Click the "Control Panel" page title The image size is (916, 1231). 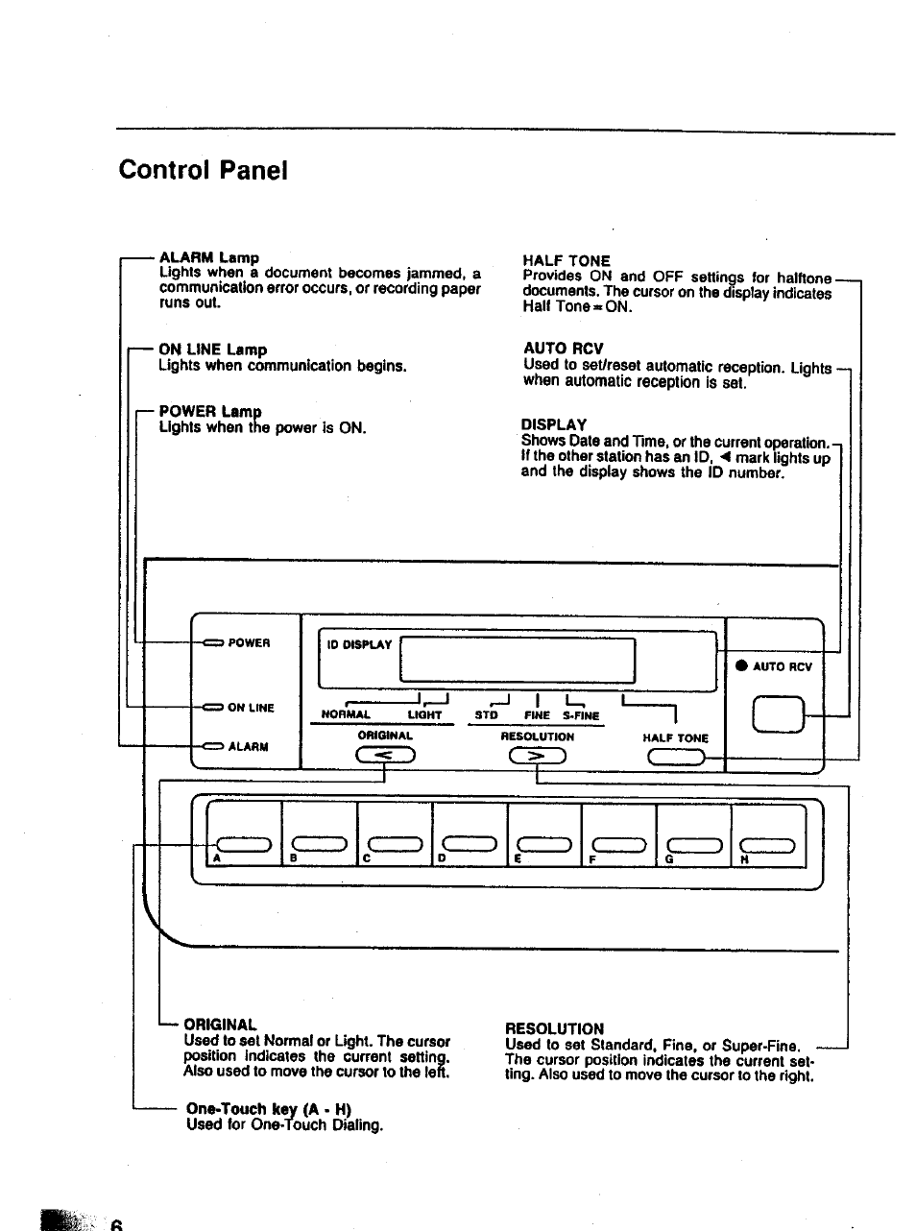click(x=204, y=171)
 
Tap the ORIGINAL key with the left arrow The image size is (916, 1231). click(x=385, y=758)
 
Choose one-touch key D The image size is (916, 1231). click(x=469, y=844)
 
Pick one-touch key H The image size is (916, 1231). click(x=768, y=844)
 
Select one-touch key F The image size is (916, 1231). click(x=618, y=844)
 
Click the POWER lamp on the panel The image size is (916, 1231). click(x=212, y=642)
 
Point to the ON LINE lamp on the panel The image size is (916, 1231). click(x=212, y=708)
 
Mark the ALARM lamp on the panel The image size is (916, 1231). click(x=212, y=746)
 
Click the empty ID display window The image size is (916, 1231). click(x=517, y=662)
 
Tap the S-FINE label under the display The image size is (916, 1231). click(x=580, y=715)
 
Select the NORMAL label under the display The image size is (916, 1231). click(x=346, y=715)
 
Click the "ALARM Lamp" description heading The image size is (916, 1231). click(x=208, y=257)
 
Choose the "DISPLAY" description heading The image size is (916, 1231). click(x=553, y=424)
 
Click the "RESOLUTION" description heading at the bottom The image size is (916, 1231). click(x=554, y=1028)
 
